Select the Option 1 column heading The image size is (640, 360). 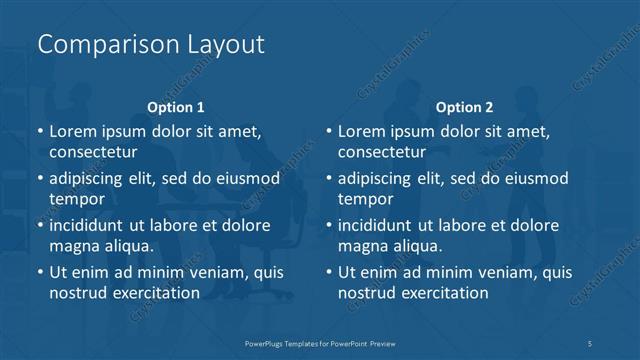coord(176,107)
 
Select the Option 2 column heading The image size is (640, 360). coord(465,107)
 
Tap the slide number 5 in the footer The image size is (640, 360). coord(591,343)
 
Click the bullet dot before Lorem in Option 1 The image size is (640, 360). coord(40,131)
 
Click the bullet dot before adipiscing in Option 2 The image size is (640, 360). coord(329,178)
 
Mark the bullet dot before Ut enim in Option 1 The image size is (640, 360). coord(40,272)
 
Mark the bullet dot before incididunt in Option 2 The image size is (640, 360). coord(329,225)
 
